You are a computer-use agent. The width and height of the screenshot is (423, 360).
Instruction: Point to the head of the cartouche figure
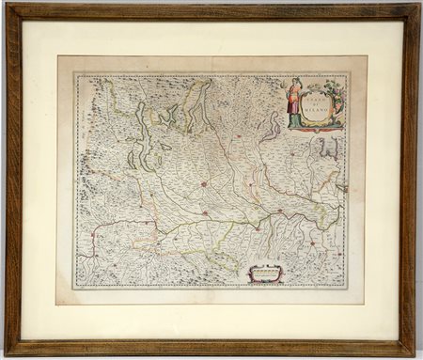(x=295, y=83)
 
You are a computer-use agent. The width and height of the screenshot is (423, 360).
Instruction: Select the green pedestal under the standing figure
(x=295, y=121)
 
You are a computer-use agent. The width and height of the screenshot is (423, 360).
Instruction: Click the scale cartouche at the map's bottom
(x=264, y=274)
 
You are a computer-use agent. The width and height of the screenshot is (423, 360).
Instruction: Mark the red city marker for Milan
(x=203, y=184)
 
